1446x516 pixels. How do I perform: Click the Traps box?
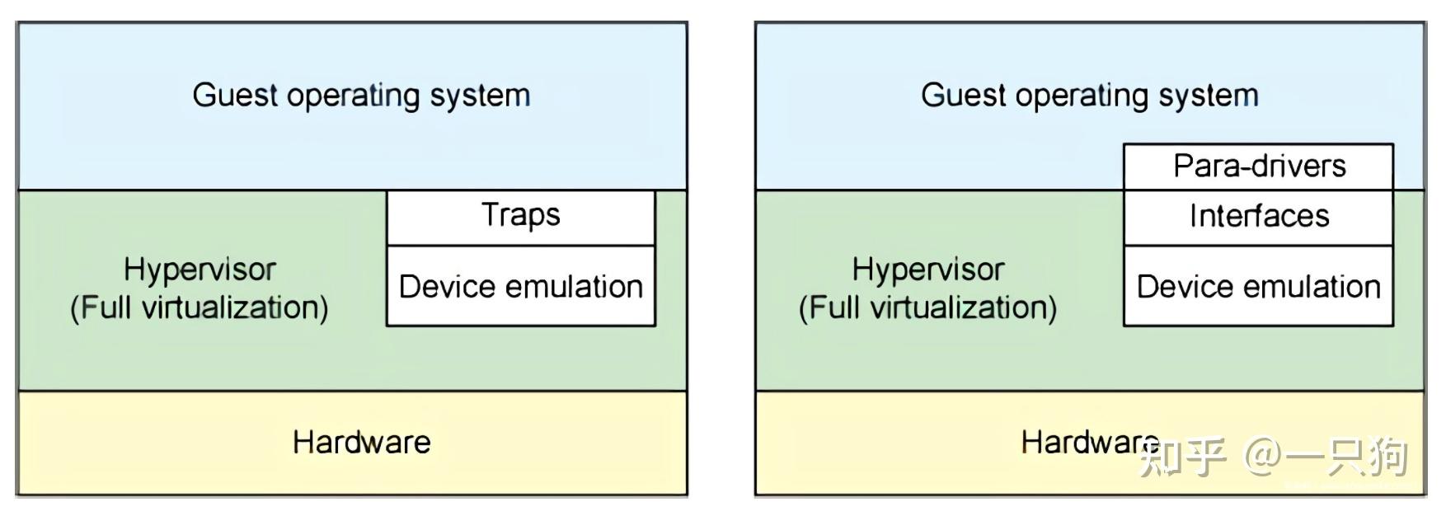521,216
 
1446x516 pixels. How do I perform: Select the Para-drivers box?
1259,167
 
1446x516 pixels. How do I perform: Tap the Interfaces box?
1259,217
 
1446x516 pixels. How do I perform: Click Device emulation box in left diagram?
521,287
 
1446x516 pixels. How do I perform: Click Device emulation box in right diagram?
1259,287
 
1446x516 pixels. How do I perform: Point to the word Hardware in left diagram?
361,443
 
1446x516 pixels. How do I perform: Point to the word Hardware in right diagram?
1088,443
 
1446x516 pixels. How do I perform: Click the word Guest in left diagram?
235,95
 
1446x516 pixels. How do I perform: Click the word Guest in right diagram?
963,95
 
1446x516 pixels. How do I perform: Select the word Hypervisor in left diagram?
200,270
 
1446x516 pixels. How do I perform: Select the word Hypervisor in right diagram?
928,270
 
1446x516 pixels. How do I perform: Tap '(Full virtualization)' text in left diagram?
200,307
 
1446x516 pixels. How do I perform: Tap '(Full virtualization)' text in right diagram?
928,307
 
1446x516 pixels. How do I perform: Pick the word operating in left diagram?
354,96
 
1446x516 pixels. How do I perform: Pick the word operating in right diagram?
1082,96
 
